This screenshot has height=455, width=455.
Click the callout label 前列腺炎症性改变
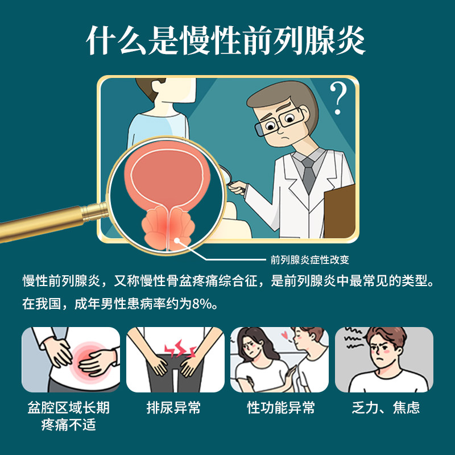point(309,260)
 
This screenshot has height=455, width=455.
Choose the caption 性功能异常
point(281,408)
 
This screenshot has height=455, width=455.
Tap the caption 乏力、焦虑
point(386,408)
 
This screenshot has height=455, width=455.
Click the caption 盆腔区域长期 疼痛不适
point(68,416)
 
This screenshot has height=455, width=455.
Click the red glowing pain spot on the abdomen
point(88,357)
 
